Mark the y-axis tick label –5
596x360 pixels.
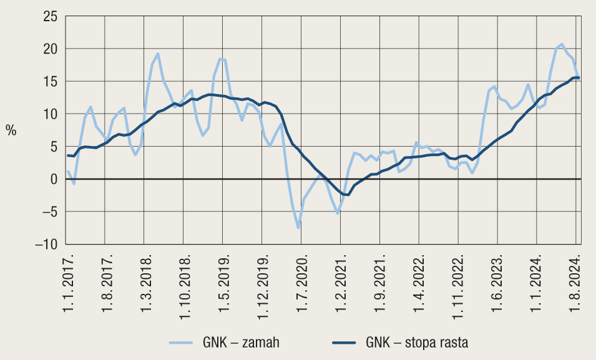click(47, 212)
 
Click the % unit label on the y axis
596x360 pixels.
click(11, 130)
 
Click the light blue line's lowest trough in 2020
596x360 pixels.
click(298, 228)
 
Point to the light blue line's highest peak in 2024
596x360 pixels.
click(562, 44)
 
